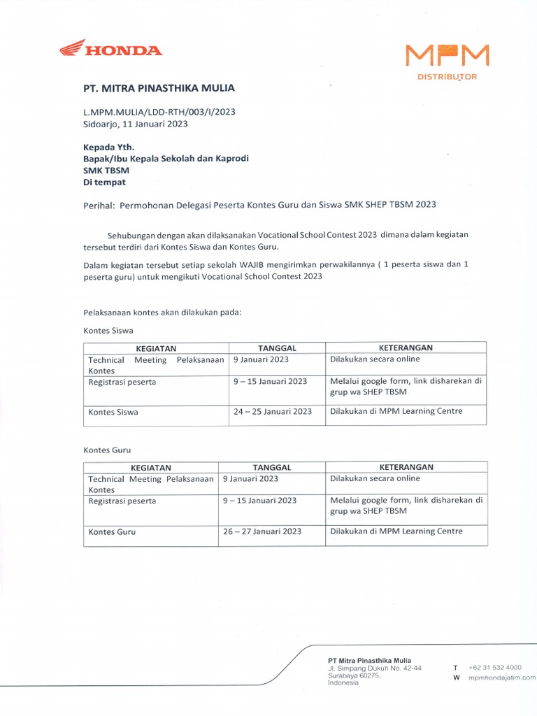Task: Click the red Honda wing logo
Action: [x=71, y=48]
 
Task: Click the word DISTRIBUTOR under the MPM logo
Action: [x=447, y=77]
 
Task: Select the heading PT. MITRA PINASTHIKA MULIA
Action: [x=159, y=88]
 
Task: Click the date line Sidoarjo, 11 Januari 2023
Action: [x=136, y=124]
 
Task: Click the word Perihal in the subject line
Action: [x=99, y=205]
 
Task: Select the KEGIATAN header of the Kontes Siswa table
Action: [x=156, y=348]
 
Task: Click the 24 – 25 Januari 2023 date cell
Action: [x=273, y=412]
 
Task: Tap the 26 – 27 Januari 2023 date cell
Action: [x=262, y=531]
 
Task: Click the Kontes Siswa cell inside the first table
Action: [x=113, y=413]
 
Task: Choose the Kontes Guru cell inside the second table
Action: [x=112, y=532]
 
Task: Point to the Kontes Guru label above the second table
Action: [x=107, y=450]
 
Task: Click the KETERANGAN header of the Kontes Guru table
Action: [x=406, y=467]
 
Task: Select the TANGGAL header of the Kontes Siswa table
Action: [x=277, y=348]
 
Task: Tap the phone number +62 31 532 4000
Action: [x=495, y=668]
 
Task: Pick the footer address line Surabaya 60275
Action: [x=354, y=675]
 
